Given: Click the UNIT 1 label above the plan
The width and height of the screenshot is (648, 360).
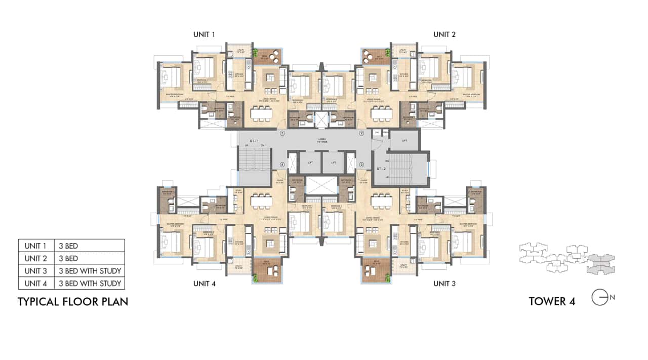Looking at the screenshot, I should (x=204, y=34).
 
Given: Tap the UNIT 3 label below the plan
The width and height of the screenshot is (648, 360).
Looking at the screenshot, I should (x=444, y=284).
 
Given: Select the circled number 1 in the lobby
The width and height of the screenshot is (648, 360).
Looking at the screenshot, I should (x=282, y=133).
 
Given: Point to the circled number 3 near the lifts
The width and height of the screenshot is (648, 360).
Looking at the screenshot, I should (x=361, y=165).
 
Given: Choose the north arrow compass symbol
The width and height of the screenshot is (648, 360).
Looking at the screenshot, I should (x=599, y=298).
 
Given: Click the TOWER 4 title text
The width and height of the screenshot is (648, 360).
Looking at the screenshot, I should (x=552, y=301).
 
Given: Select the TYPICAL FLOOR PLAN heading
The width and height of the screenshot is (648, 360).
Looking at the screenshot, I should (x=73, y=302).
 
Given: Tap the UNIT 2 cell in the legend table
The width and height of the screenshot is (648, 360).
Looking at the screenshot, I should (x=35, y=258).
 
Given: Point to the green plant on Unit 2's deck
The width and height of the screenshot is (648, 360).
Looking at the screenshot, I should (x=388, y=52).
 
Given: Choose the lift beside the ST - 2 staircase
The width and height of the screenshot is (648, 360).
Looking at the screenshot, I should (x=404, y=140).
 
